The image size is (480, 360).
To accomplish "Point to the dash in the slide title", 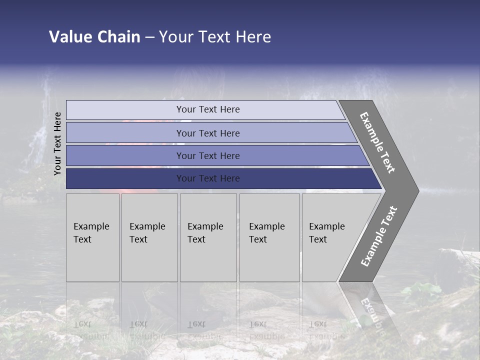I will click(x=149, y=37).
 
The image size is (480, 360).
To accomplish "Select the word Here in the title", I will click(x=252, y=37).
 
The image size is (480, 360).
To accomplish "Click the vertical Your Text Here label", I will click(x=57, y=143).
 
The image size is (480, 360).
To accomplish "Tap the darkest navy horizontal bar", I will click(x=125, y=178).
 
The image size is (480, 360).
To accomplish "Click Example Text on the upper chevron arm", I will click(x=377, y=142).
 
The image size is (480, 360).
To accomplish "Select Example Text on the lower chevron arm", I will click(x=378, y=236).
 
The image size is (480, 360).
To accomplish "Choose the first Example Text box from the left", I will click(x=92, y=237).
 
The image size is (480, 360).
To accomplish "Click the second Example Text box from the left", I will click(x=149, y=237).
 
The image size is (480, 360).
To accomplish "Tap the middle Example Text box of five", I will click(x=208, y=237).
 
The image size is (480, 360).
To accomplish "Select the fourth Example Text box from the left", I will click(x=269, y=237).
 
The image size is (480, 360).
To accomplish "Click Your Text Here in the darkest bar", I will click(x=208, y=178).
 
